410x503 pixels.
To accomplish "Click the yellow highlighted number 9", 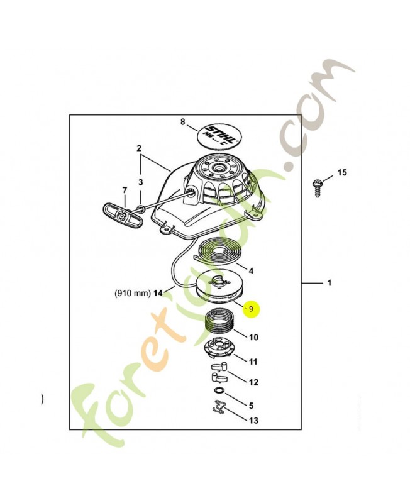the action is coord(251,309).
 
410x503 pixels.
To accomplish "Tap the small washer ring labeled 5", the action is coord(219,391).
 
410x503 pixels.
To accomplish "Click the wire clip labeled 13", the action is coord(219,407).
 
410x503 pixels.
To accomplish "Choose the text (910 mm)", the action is coord(133,293).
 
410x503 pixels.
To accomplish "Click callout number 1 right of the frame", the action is coord(329,283).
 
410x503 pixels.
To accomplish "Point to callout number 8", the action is coord(183,121).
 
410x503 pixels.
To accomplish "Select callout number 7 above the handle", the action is coord(125,190).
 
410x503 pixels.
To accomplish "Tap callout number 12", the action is coord(253,382).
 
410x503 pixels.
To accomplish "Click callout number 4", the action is coord(251,271).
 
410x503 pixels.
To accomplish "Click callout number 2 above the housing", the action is coord(139,148).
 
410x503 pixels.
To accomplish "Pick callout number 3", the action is coord(140,182).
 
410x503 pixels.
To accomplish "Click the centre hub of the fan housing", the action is coord(219,167).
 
